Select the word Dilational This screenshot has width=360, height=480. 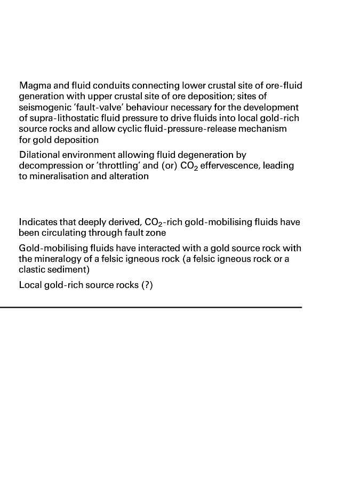(39, 155)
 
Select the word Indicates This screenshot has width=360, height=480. (37, 222)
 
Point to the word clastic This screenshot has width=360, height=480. (33, 270)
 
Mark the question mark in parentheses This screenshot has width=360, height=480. (147, 285)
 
